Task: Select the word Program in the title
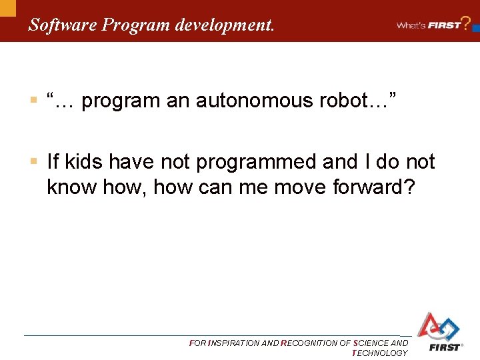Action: [135, 25]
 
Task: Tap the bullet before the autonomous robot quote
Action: [33, 101]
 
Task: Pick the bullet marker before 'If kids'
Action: [33, 162]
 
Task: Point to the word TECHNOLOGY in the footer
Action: [379, 353]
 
